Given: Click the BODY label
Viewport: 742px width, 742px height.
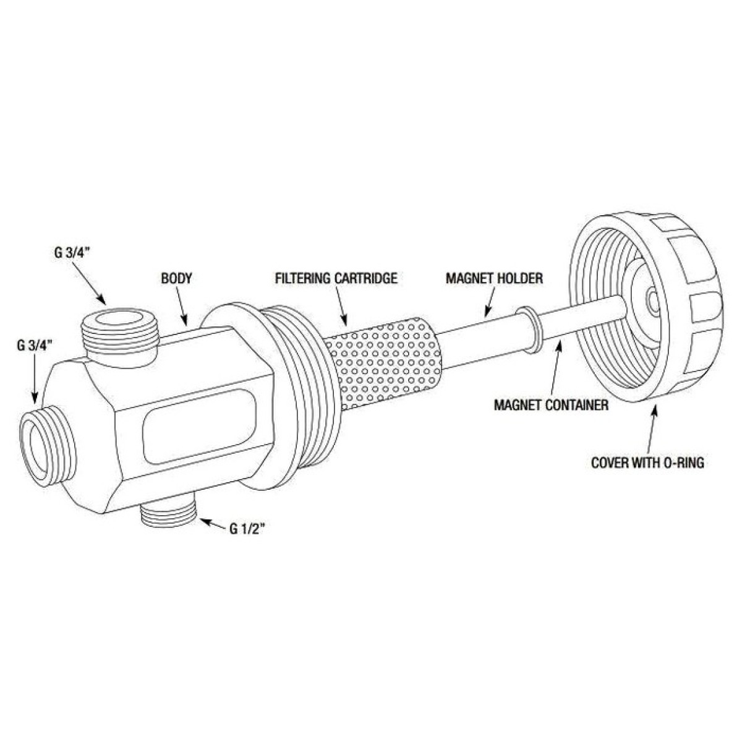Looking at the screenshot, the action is [176, 278].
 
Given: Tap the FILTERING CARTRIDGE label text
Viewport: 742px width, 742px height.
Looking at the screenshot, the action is [336, 278].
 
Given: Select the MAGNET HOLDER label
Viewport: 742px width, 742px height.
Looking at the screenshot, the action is [495, 278].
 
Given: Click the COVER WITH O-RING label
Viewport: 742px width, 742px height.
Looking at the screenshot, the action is [647, 463].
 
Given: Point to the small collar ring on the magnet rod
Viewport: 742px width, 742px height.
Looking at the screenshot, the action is [529, 330].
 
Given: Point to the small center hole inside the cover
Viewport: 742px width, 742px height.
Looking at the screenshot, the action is [652, 298].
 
